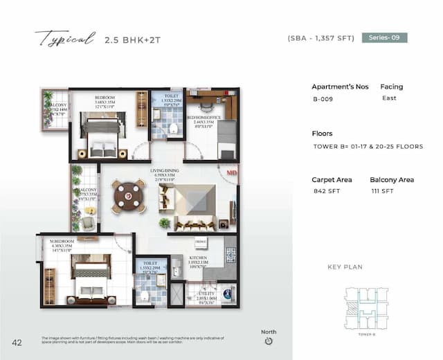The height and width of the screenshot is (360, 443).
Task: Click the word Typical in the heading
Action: (64, 39)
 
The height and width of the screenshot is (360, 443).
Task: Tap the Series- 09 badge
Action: (384, 38)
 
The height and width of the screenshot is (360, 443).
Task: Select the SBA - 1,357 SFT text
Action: (320, 39)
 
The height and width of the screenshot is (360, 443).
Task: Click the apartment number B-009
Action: (323, 99)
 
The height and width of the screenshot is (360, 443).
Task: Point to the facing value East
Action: (389, 98)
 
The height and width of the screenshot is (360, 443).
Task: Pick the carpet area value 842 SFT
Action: (324, 192)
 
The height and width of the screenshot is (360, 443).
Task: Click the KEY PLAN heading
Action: (345, 267)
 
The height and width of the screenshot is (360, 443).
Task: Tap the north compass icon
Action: (269, 341)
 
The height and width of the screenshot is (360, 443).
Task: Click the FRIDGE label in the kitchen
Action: (200, 242)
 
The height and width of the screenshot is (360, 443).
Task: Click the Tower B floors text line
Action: (368, 147)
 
